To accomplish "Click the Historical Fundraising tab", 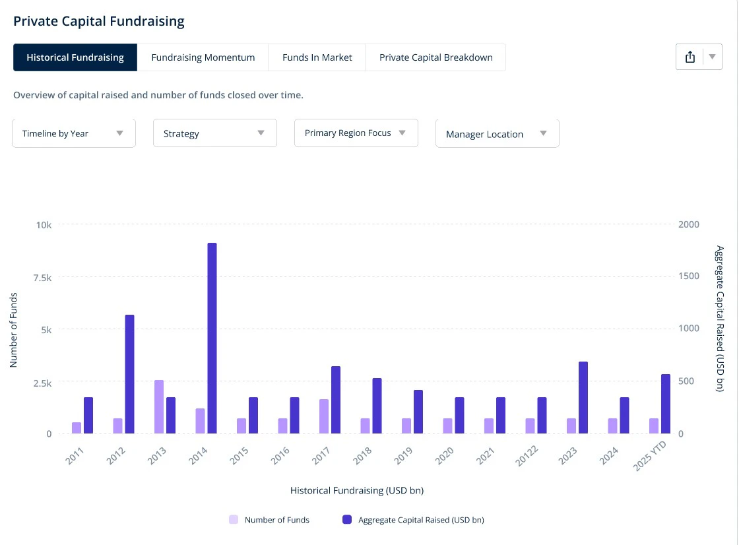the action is (x=75, y=57).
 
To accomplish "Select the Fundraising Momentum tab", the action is (x=203, y=57).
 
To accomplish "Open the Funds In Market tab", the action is (x=317, y=57).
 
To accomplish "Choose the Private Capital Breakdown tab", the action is (x=435, y=57).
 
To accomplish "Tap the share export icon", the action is (x=690, y=57).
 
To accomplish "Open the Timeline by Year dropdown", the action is (x=74, y=133).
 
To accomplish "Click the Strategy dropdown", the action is (x=215, y=133).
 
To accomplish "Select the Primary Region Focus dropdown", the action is (x=356, y=133).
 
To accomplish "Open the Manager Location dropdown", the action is (x=498, y=134).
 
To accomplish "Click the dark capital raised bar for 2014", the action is (x=212, y=338).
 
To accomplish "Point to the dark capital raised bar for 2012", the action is (x=129, y=374).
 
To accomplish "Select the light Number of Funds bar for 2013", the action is (x=159, y=406).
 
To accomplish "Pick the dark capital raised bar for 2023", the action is (x=583, y=397).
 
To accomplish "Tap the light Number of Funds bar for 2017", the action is (x=324, y=416).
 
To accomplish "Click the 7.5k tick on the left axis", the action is (x=42, y=278).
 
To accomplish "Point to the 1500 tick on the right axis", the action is (x=689, y=276).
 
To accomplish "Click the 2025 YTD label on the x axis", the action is (x=650, y=455).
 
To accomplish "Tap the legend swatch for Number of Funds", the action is (x=234, y=519).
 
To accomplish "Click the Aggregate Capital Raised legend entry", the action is (x=413, y=519).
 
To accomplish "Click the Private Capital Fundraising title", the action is (x=99, y=21).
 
